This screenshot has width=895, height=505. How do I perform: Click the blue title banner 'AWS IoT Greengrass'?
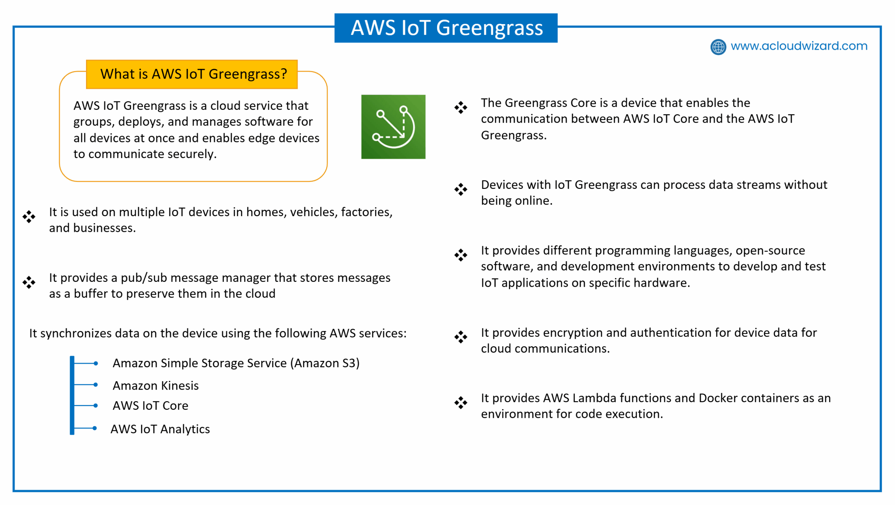pos(446,28)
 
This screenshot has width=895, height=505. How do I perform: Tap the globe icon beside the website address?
pos(718,47)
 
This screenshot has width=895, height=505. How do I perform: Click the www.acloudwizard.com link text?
pos(799,46)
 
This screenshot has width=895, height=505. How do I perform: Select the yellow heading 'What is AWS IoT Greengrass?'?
pos(192,74)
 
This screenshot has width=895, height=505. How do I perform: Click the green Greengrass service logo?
pos(393,127)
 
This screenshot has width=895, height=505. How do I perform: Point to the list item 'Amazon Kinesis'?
pos(156,385)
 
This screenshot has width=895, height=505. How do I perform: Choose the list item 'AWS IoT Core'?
pos(150,406)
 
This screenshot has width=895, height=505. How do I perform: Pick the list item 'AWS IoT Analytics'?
pos(160,429)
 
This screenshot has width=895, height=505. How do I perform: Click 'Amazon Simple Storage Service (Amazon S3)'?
pos(236,363)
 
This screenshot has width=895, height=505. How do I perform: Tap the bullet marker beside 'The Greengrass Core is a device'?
pos(460,107)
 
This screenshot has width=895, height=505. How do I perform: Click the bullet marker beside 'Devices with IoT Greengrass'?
pos(460,189)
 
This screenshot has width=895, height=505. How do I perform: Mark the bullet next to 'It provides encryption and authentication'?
pos(460,337)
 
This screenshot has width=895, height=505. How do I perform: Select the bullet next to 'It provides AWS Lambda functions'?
pos(460,403)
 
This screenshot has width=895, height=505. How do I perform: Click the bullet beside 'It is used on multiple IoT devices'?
pos(29,216)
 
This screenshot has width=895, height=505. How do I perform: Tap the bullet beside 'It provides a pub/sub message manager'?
pos(29,282)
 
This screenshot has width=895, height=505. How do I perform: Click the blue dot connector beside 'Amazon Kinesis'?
pos(95,385)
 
